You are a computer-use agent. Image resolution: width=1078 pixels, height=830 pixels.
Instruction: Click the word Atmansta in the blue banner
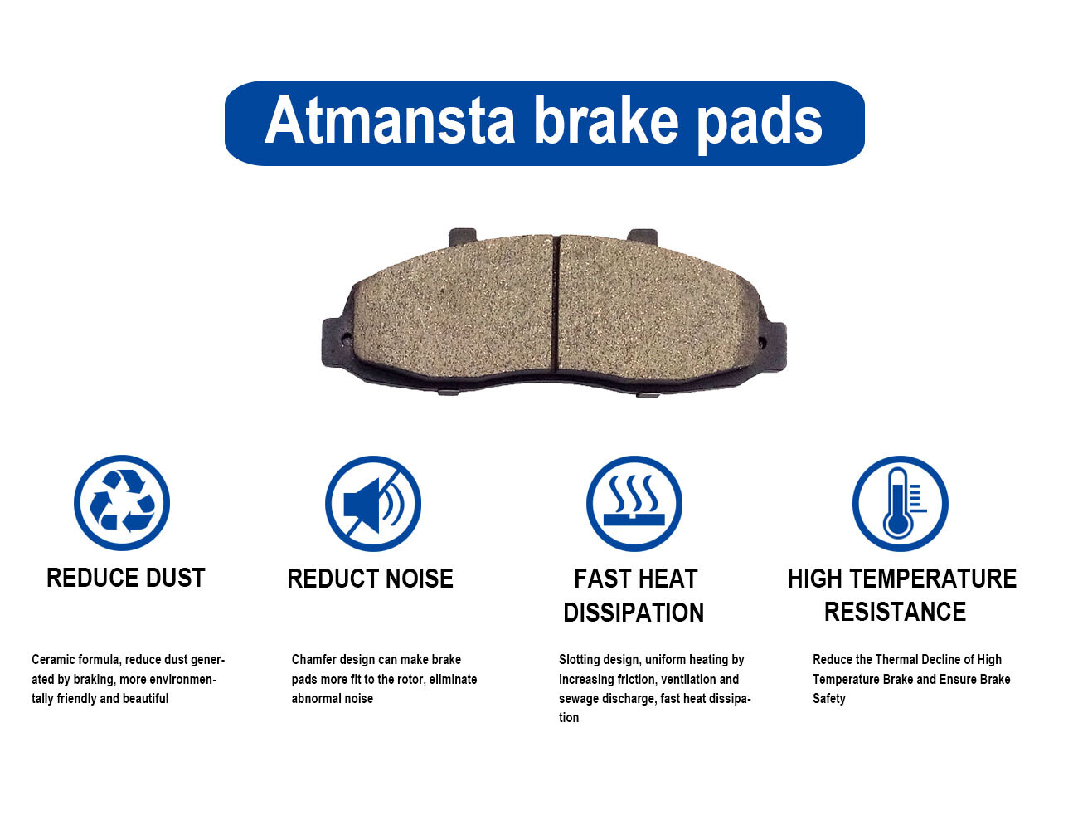[x=390, y=120]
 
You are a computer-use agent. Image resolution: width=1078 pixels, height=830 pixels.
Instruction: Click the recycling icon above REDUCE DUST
[x=122, y=502]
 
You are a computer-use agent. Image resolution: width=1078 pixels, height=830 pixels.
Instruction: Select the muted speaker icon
[x=373, y=503]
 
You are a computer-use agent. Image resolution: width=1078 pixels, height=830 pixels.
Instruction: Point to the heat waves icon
[x=634, y=503]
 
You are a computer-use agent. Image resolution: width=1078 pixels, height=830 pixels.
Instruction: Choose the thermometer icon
[x=901, y=503]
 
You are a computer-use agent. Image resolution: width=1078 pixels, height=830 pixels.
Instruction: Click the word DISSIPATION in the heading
[x=634, y=612]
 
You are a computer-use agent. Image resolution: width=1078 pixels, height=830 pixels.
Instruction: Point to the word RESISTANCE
[x=895, y=612]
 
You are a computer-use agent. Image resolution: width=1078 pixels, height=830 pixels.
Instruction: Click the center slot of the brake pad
[x=556, y=304]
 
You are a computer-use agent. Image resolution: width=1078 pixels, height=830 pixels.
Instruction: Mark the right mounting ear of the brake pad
[x=773, y=345]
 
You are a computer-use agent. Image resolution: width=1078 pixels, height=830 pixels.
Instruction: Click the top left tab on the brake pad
[x=463, y=237]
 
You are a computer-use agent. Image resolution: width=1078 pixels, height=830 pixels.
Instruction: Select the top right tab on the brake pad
[x=643, y=237]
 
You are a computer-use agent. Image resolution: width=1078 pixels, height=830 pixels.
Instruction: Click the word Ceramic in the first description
[x=53, y=660]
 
